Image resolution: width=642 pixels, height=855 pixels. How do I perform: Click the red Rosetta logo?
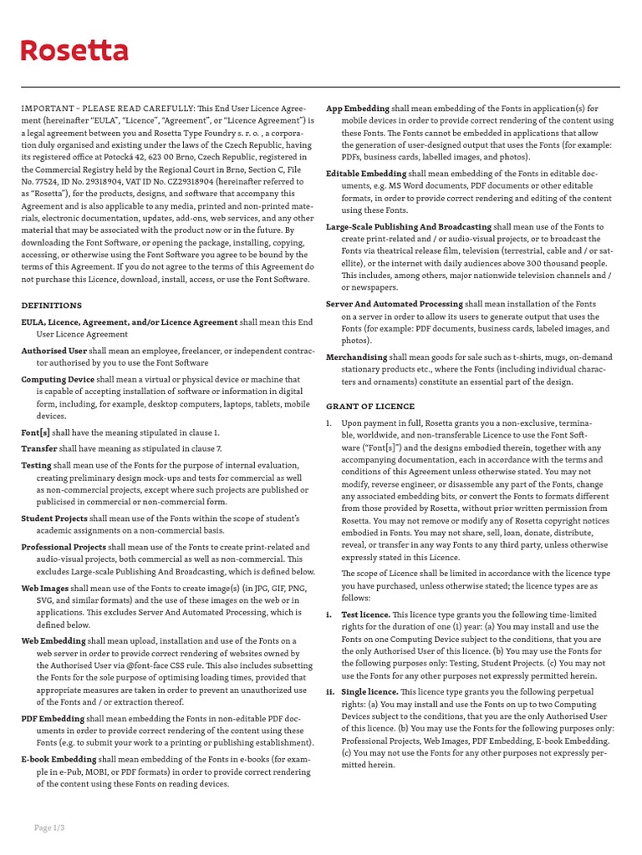pos(74,52)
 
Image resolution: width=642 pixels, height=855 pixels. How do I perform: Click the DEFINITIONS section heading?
pos(51,306)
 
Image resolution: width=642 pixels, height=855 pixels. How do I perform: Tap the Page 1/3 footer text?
pos(48,827)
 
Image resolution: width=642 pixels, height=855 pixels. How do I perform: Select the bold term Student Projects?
pos(54,518)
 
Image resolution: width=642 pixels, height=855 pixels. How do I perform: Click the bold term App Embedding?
pos(358,109)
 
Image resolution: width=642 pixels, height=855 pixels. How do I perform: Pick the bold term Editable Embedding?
pos(366,173)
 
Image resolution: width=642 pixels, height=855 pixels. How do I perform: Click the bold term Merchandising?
pos(356,357)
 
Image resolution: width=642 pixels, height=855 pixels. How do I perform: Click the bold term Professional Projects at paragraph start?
pos(63,546)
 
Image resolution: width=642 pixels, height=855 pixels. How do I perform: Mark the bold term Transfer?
pos(39,448)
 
